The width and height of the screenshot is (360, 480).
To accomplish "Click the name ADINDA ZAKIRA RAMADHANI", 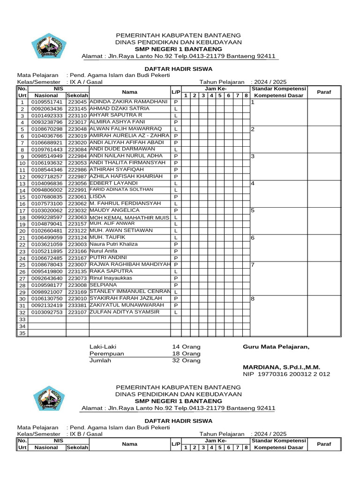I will click(x=128, y=101).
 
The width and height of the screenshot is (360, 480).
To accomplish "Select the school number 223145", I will click(x=77, y=109).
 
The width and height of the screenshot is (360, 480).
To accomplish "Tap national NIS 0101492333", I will click(x=46, y=115).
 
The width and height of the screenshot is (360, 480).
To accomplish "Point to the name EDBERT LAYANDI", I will click(x=113, y=183).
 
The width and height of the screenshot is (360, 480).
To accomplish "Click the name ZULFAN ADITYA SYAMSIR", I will click(x=124, y=312).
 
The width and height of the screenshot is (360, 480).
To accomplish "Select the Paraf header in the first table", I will click(x=324, y=92).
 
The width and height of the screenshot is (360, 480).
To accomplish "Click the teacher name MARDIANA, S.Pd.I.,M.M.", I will click(x=281, y=367).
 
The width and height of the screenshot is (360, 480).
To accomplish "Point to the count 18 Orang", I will click(x=186, y=353).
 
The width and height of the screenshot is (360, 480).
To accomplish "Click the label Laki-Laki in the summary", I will click(x=103, y=346).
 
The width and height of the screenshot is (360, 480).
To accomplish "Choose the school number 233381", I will click(x=77, y=305).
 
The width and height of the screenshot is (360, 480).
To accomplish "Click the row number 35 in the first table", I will click(x=22, y=333).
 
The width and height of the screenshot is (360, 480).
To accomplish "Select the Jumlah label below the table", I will click(x=100, y=360).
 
